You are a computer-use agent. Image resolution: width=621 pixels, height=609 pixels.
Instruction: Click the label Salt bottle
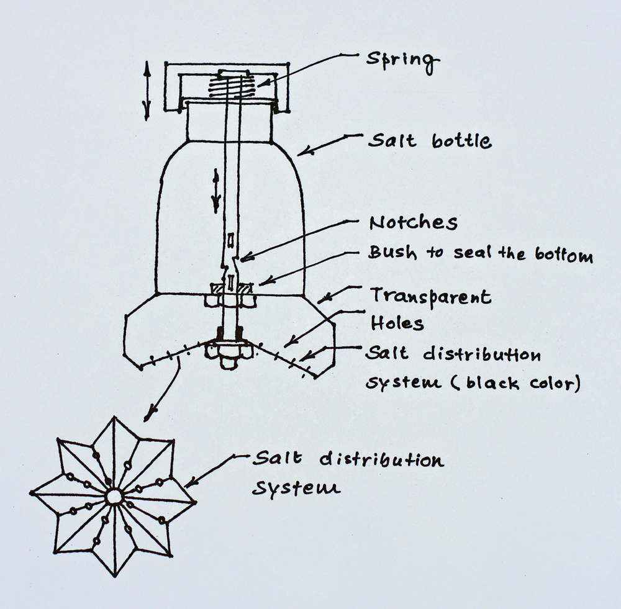(429, 142)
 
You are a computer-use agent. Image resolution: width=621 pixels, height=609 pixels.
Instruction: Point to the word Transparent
(430, 295)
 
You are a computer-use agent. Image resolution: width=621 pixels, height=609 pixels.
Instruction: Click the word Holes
(397, 323)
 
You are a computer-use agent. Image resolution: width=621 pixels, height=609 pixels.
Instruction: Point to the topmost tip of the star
(113, 418)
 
